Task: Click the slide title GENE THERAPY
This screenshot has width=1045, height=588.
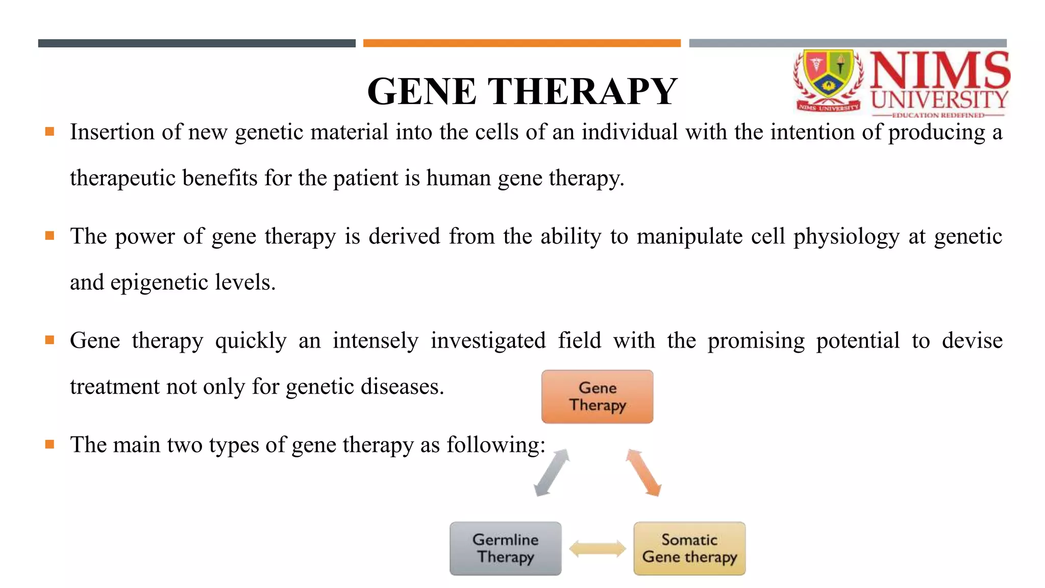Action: (x=522, y=91)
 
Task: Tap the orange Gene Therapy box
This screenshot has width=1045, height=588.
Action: (x=597, y=397)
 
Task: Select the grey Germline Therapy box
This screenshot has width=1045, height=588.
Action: (x=505, y=548)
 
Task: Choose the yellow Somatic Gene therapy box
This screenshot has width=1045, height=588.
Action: (x=689, y=548)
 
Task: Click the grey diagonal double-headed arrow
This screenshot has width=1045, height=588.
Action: (x=552, y=472)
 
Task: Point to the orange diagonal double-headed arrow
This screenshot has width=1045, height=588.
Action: (x=643, y=472)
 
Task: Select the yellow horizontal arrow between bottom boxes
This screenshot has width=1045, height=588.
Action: (x=597, y=549)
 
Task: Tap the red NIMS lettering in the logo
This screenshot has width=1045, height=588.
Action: (x=939, y=70)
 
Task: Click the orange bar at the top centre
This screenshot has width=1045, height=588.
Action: (x=521, y=43)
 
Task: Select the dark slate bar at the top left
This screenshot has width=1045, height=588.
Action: (x=196, y=43)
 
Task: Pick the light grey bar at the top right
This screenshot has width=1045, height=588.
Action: (x=848, y=43)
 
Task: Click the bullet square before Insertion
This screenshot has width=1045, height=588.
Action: (x=49, y=132)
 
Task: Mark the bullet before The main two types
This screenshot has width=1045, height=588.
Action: (x=49, y=444)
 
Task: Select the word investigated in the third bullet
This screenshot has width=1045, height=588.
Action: (x=488, y=341)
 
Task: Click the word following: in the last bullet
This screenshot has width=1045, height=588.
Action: (x=496, y=445)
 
